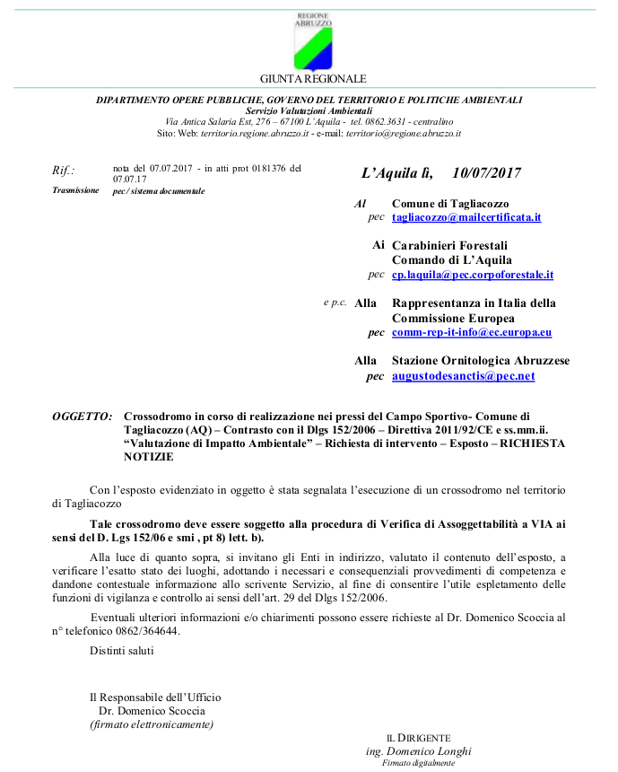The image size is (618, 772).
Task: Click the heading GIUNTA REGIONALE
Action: click(313, 79)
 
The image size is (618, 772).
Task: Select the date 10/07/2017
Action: click(487, 173)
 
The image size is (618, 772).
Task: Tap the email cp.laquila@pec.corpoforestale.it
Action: click(473, 275)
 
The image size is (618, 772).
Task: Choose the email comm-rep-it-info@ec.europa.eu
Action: click(471, 332)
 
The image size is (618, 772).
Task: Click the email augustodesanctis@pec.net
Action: click(463, 376)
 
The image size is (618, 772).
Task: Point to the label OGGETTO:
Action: click(83, 417)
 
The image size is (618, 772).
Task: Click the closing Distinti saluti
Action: click(121, 650)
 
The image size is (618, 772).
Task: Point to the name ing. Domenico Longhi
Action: click(419, 751)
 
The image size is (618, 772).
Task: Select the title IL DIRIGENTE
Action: click(419, 737)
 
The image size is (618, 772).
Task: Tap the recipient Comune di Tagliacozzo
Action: click(449, 204)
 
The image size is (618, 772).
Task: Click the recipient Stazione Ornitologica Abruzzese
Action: click(480, 360)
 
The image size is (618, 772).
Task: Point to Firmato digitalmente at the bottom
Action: click(419, 763)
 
